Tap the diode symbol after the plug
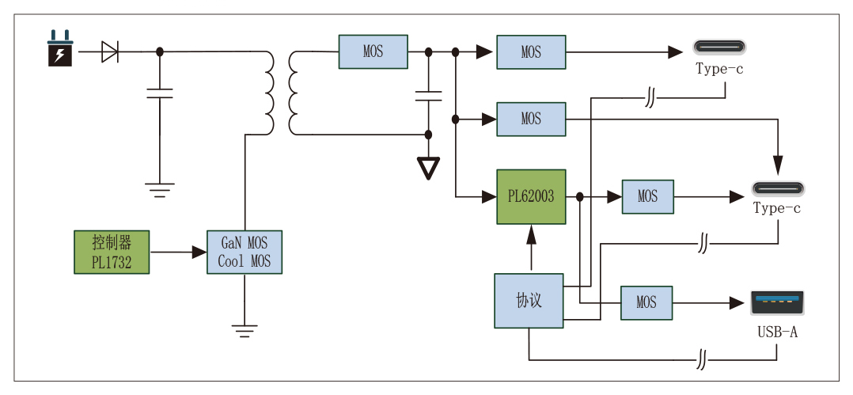point(110,52)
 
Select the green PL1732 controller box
point(112,253)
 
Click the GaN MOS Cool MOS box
point(245,252)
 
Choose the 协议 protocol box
point(529,301)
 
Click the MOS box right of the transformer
point(373,52)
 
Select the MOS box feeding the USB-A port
point(646,302)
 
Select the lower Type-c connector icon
point(777,189)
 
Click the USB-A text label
point(777,332)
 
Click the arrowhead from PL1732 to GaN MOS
point(199,253)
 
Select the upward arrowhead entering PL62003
point(531,232)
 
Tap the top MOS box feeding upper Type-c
point(531,52)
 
